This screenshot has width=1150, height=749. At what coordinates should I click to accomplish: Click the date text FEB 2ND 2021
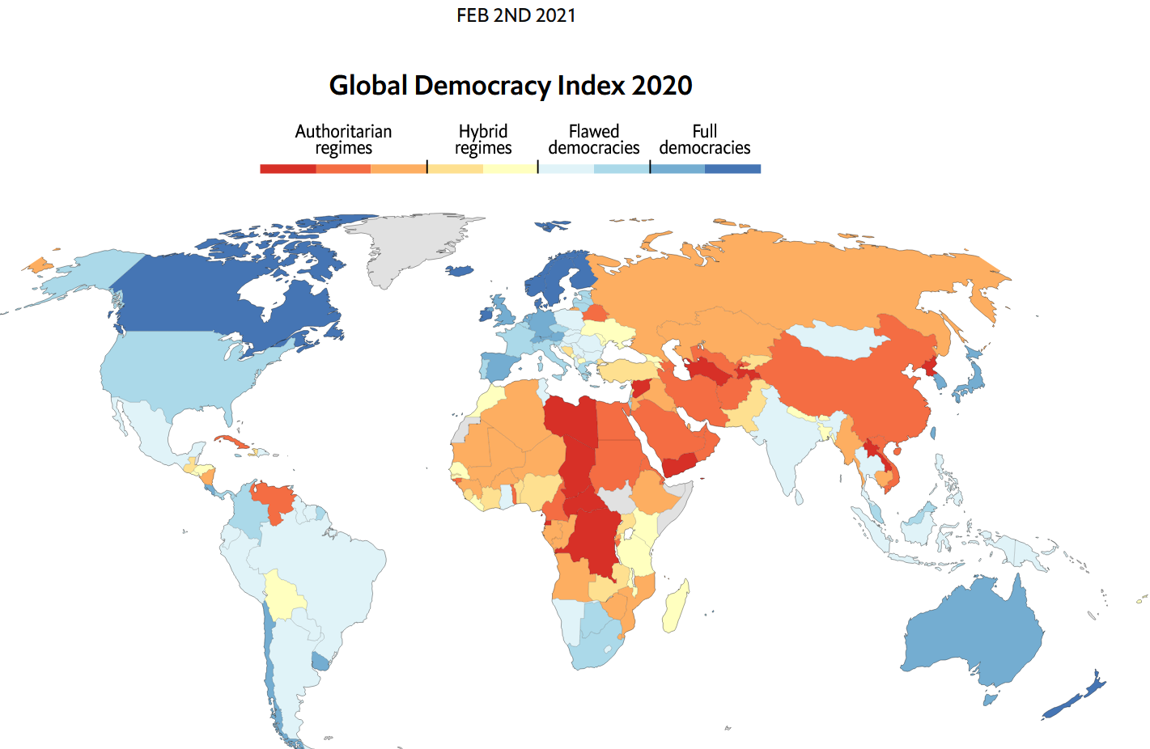pyautogui.click(x=516, y=15)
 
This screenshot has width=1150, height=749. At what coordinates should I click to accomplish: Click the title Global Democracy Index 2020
pyautogui.click(x=511, y=85)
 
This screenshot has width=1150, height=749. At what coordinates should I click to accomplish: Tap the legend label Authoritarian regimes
pyautogui.click(x=343, y=140)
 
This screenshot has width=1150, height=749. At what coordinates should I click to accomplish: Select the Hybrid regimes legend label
pyautogui.click(x=483, y=140)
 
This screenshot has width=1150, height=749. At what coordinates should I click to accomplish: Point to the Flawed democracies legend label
pyautogui.click(x=594, y=140)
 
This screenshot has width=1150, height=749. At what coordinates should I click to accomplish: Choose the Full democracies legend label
pyautogui.click(x=705, y=140)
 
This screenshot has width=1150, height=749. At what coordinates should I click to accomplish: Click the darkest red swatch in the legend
pyautogui.click(x=288, y=169)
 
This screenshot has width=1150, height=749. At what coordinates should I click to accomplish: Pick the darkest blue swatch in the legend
pyautogui.click(x=732, y=169)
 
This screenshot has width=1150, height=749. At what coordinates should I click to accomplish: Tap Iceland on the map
pyautogui.click(x=460, y=270)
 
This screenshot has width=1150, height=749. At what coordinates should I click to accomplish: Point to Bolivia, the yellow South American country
pyautogui.click(x=282, y=595)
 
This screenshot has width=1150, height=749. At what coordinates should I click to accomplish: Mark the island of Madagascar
pyautogui.click(x=676, y=607)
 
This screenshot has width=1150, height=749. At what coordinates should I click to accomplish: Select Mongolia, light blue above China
pyautogui.click(x=837, y=339)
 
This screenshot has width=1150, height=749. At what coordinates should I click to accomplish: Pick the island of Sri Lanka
pyautogui.click(x=799, y=497)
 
